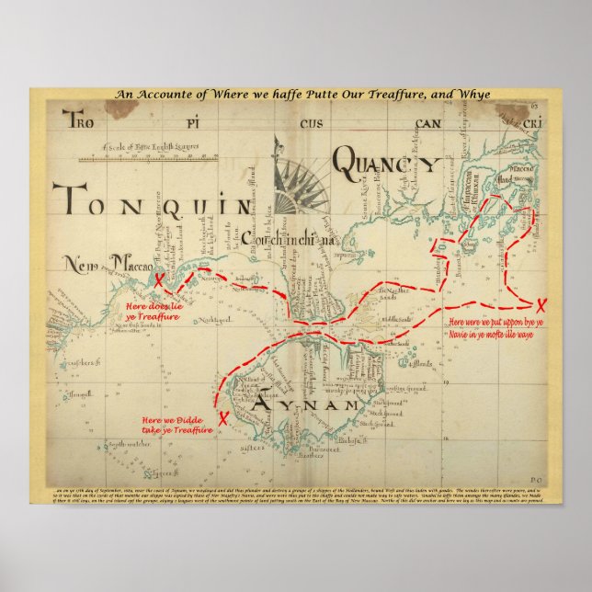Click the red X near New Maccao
tap(160, 279)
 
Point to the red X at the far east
tap(543, 305)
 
